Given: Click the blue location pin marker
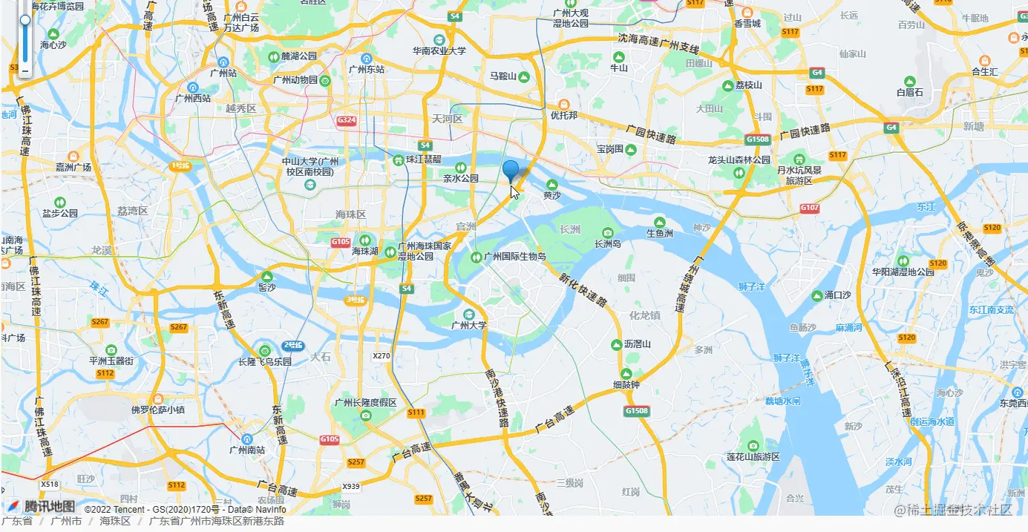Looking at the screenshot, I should pyautogui.click(x=511, y=171).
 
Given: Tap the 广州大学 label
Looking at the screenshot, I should pyautogui.click(x=469, y=325).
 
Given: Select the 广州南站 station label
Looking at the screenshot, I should pyautogui.click(x=248, y=449).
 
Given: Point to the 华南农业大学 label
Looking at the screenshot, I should pyautogui.click(x=439, y=51).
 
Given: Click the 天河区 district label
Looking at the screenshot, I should pyautogui.click(x=448, y=119).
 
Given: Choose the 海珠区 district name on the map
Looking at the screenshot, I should pyautogui.click(x=350, y=214).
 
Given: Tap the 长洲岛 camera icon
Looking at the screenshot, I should pyautogui.click(x=608, y=232).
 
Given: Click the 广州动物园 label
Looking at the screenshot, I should pyautogui.click(x=295, y=80).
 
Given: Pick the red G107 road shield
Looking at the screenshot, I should pyautogui.click(x=810, y=208).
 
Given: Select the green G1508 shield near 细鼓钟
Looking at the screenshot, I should pyautogui.click(x=636, y=410).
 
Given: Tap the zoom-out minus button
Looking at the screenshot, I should pyautogui.click(x=24, y=71).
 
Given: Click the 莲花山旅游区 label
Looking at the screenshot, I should pyautogui.click(x=753, y=456).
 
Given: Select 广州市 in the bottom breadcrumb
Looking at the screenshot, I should pyautogui.click(x=66, y=521).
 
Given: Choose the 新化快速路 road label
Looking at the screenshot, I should pyautogui.click(x=583, y=290).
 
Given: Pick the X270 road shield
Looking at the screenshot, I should pyautogui.click(x=382, y=356).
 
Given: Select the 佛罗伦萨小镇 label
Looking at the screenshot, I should pyautogui.click(x=157, y=410).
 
